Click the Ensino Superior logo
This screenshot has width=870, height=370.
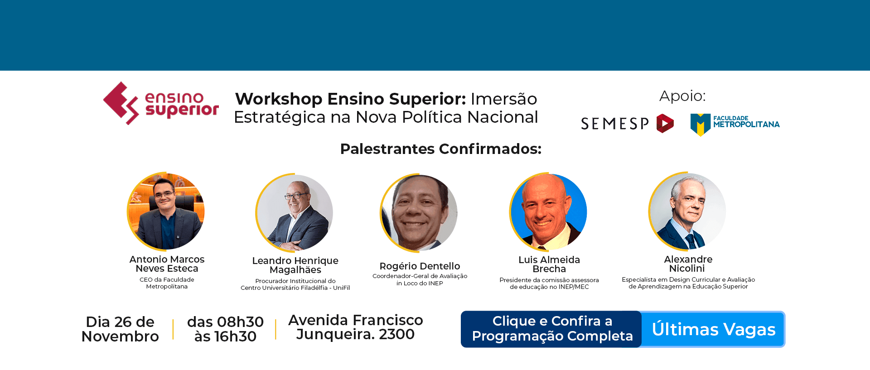161,104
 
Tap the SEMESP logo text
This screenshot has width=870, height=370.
614,124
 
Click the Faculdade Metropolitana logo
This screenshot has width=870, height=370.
735,124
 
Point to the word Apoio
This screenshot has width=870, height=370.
682,96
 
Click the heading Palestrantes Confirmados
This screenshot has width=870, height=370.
440,149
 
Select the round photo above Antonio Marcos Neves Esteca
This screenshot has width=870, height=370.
166,211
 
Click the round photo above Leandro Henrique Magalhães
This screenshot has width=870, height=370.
295,212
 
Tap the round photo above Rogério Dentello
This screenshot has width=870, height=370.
419,213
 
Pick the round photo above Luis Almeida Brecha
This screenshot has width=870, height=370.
548,211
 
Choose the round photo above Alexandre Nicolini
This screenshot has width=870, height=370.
687,211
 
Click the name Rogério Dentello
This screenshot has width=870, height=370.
420,266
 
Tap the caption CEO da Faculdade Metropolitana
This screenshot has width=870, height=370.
167,283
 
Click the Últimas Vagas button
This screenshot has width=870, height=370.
713,329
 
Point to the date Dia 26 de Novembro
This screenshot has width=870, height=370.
120,329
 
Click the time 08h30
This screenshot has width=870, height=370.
240,322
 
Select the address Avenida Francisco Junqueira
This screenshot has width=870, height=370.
355,327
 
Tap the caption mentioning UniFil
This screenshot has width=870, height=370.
295,284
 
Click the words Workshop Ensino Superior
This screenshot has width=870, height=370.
350,99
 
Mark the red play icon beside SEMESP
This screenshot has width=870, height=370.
665,123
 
